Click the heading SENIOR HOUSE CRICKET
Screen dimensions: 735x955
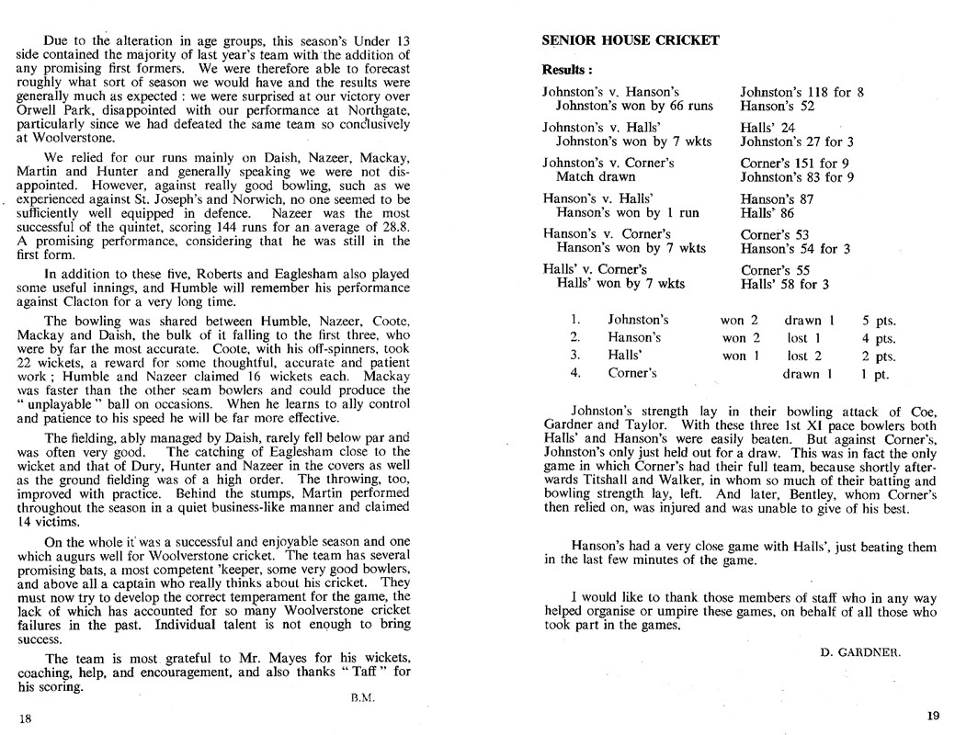[x=631, y=40]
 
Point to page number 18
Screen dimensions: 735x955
[x=25, y=718]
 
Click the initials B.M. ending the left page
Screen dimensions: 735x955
[x=361, y=697]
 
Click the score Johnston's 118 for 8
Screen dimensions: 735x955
[x=802, y=92]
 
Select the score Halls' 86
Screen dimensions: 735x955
[x=770, y=212]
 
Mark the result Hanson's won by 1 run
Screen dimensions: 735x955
[x=627, y=212]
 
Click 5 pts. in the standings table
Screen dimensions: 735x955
[x=878, y=321]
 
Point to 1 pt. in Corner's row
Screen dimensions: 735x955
[x=874, y=374]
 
